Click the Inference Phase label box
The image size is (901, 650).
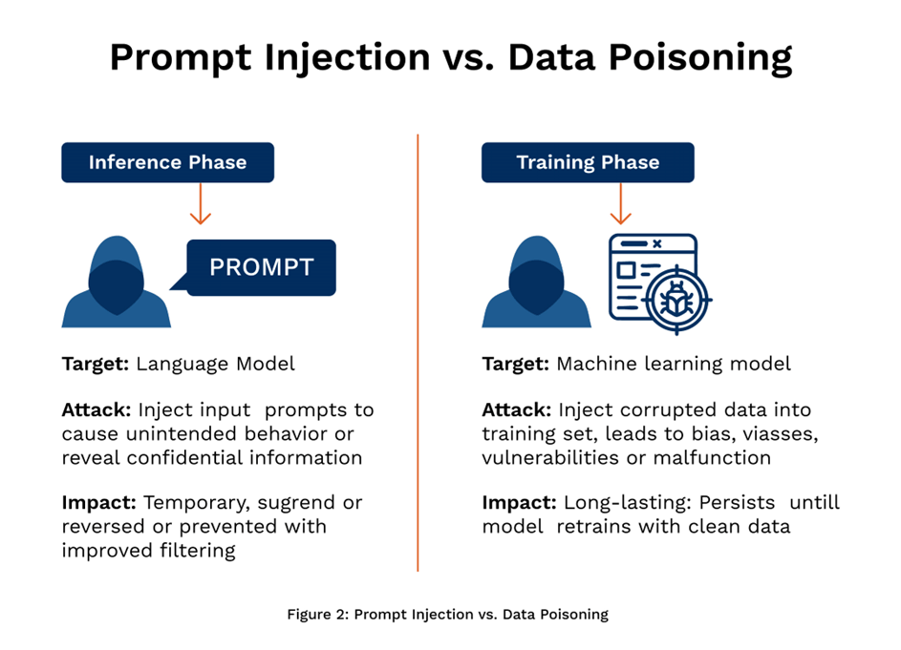click(167, 162)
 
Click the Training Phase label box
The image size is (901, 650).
click(587, 162)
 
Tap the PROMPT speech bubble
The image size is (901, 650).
click(261, 267)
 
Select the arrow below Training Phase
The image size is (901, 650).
click(621, 204)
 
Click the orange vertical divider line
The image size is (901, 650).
click(418, 353)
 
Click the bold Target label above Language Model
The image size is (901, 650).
click(96, 364)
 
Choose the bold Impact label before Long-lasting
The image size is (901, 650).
click(520, 502)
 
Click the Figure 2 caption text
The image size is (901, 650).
click(447, 615)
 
